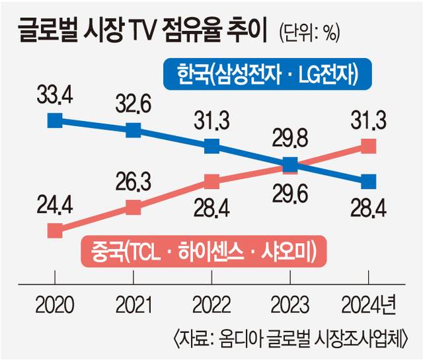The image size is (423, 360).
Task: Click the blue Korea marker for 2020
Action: pyautogui.click(x=56, y=120)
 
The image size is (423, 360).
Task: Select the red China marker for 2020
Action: pyautogui.click(x=56, y=231)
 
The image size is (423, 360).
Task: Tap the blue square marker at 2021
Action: pyautogui.click(x=134, y=129)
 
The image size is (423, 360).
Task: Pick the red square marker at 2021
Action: pyautogui.click(x=134, y=207)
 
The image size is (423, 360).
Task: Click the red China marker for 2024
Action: pyautogui.click(x=368, y=146)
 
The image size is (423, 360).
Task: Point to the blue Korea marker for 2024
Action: pyautogui.click(x=368, y=181)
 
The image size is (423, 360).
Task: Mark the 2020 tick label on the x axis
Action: pyautogui.click(x=56, y=305)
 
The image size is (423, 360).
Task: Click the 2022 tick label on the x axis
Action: pyautogui.click(x=211, y=305)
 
